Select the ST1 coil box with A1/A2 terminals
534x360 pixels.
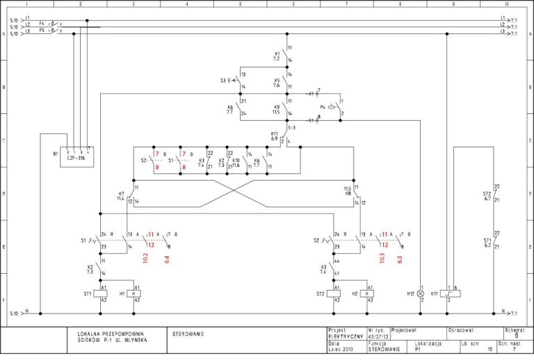103,294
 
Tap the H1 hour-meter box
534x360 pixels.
137,294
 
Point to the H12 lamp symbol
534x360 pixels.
420,294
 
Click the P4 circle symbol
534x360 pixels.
332,108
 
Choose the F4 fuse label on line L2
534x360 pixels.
42,24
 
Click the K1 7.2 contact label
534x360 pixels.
277,56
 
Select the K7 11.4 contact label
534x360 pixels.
121,196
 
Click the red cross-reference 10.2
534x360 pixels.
145,258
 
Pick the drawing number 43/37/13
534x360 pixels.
378,336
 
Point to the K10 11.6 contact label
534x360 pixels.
236,163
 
